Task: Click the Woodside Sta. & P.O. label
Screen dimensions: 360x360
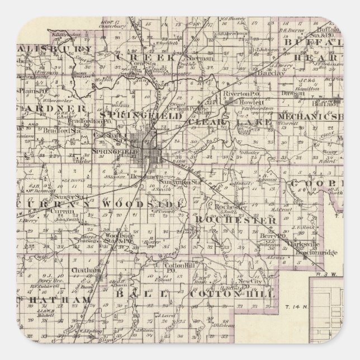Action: pyautogui.click(x=124, y=238)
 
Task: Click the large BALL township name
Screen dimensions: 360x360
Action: pyautogui.click(x=140, y=293)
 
